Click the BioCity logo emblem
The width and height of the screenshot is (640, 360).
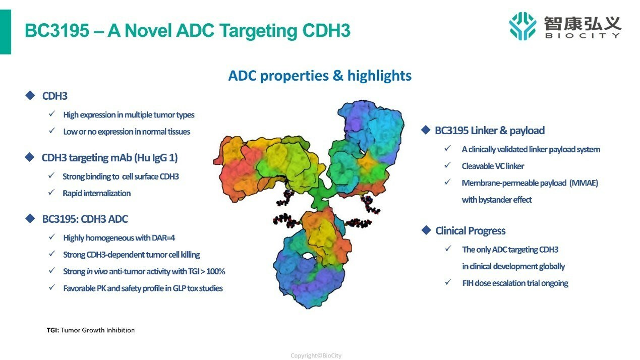tap(522, 26)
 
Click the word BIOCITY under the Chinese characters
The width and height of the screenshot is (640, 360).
tap(583, 36)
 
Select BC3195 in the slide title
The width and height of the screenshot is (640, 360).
tap(57, 30)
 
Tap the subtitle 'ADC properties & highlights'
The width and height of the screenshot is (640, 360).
tap(320, 76)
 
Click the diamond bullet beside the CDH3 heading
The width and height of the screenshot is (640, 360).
tap(30, 95)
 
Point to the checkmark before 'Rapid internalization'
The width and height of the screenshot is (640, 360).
tap(51, 192)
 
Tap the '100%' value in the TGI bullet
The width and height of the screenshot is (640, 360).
tap(216, 271)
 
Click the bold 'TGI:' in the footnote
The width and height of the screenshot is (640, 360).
tap(53, 330)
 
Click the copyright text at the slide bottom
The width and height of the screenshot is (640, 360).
tap(316, 355)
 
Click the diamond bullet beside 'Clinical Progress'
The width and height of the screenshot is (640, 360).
tap(426, 230)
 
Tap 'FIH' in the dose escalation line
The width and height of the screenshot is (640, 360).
tap(468, 283)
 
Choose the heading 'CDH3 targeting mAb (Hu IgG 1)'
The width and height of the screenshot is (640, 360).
tap(110, 158)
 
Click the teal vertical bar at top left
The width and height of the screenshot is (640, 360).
tap(6, 32)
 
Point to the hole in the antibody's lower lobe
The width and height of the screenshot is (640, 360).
tap(308, 256)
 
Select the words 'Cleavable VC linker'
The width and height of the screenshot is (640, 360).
tap(493, 166)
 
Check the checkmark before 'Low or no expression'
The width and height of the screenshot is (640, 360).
tap(52, 131)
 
